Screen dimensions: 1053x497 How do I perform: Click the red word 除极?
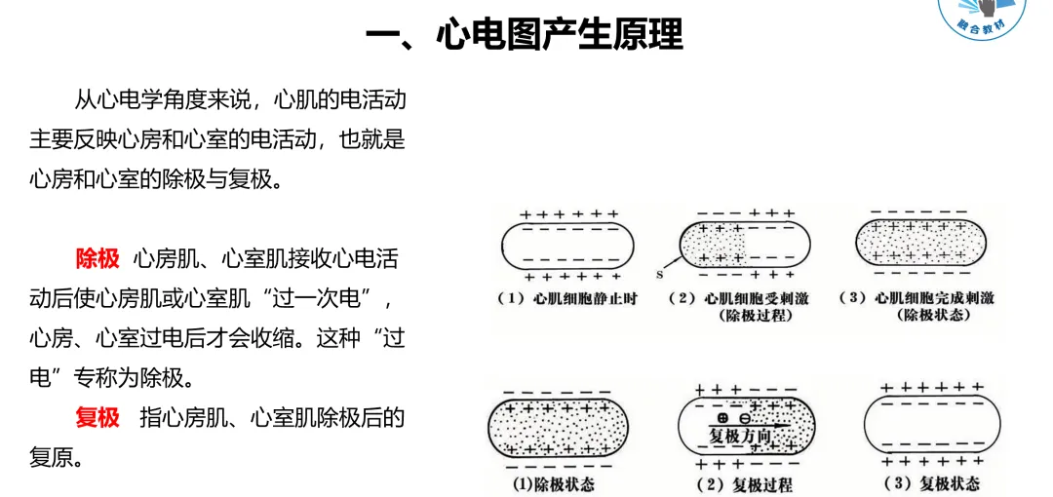coord(97,258)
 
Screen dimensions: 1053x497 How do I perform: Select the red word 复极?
coord(97,417)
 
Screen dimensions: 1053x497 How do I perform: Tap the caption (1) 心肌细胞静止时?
coord(566,298)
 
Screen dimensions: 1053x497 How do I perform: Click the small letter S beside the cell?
coord(661,276)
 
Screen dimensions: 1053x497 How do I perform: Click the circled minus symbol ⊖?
coord(746,417)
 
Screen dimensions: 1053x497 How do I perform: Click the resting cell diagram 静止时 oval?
coord(567,244)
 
